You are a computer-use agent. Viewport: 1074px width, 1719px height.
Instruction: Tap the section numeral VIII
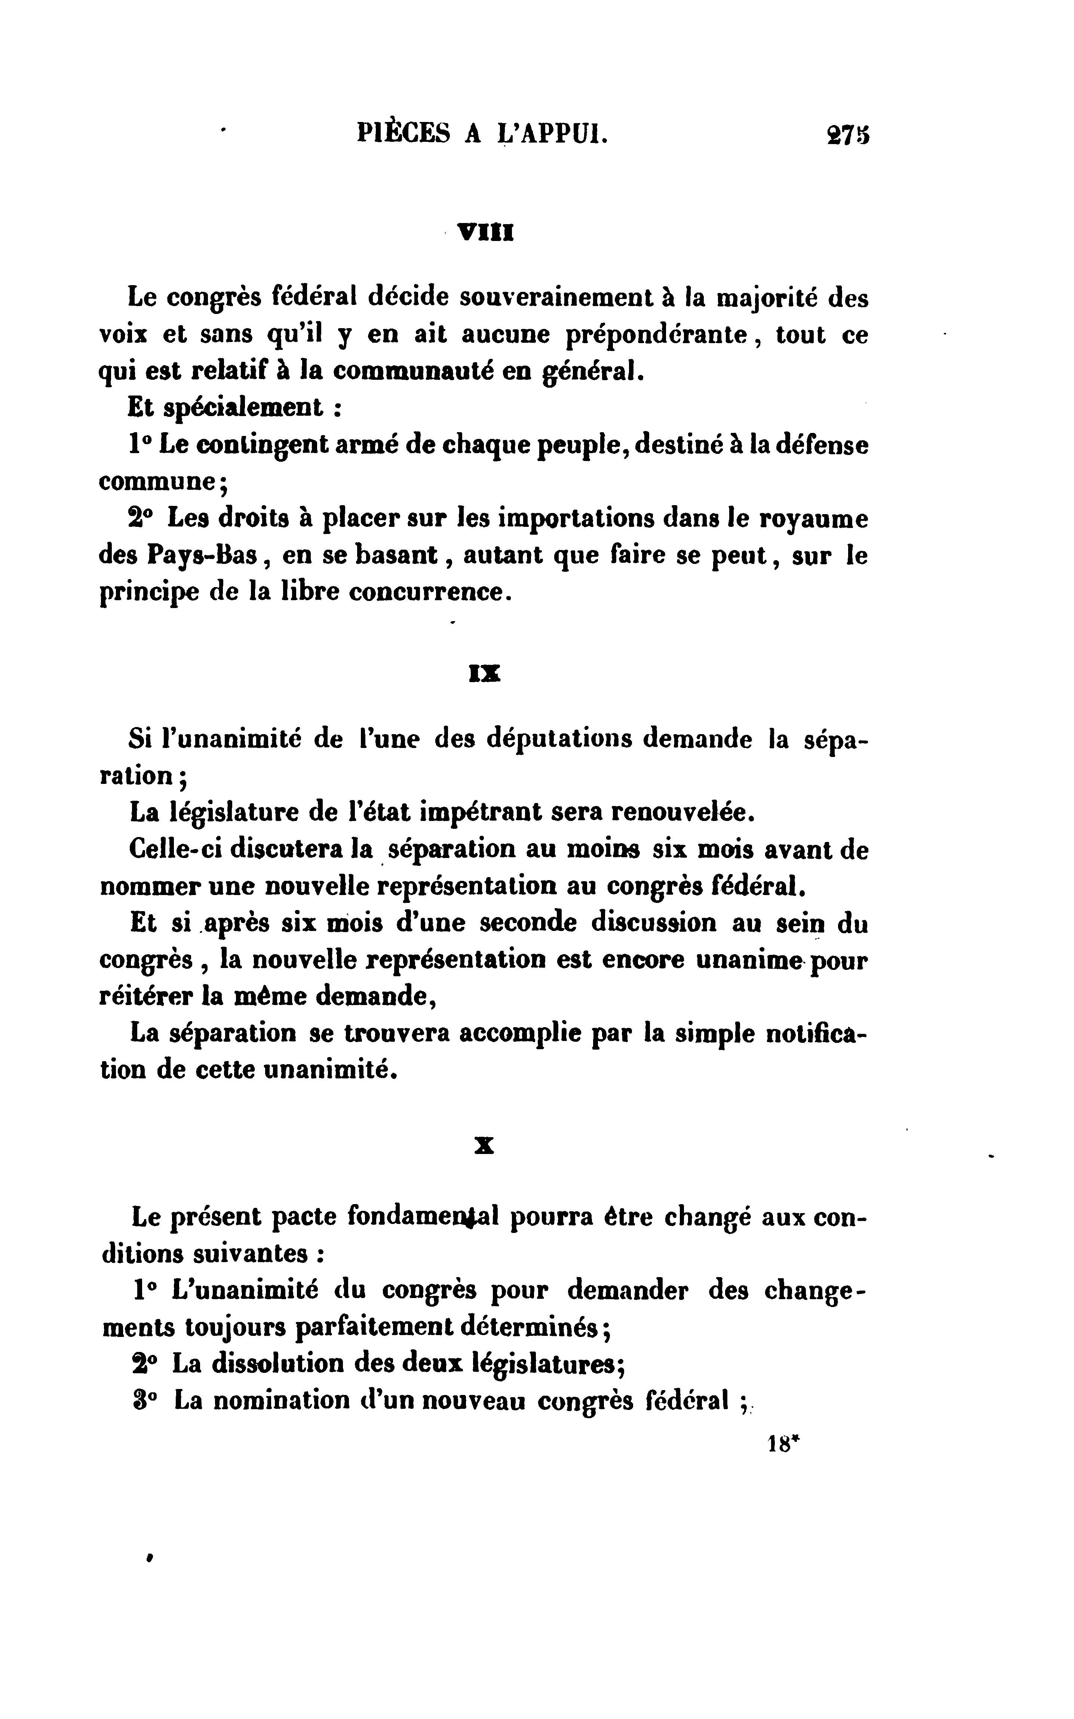click(486, 232)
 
